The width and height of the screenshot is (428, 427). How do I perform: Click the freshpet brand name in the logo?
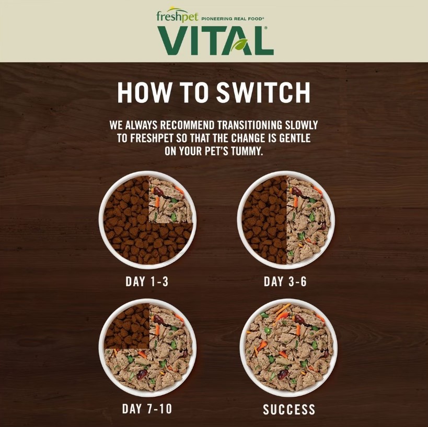tap(178, 16)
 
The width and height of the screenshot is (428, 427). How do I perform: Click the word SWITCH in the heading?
tap(263, 93)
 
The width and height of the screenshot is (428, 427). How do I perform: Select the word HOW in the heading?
tap(143, 93)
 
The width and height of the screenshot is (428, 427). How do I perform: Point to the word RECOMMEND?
tap(188, 125)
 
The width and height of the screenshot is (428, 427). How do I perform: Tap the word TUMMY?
tap(247, 151)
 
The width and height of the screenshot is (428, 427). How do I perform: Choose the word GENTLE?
tap(295, 138)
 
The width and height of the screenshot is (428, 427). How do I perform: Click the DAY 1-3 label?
tap(147, 281)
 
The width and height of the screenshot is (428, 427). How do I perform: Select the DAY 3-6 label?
tap(285, 281)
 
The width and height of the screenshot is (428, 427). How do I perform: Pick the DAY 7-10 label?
tap(147, 409)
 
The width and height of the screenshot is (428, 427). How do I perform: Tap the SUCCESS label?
tap(289, 410)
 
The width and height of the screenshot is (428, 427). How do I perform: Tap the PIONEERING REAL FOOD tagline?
tap(233, 19)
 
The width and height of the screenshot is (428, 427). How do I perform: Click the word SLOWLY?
tap(302, 125)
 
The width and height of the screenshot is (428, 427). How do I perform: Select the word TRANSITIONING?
tap(250, 125)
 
